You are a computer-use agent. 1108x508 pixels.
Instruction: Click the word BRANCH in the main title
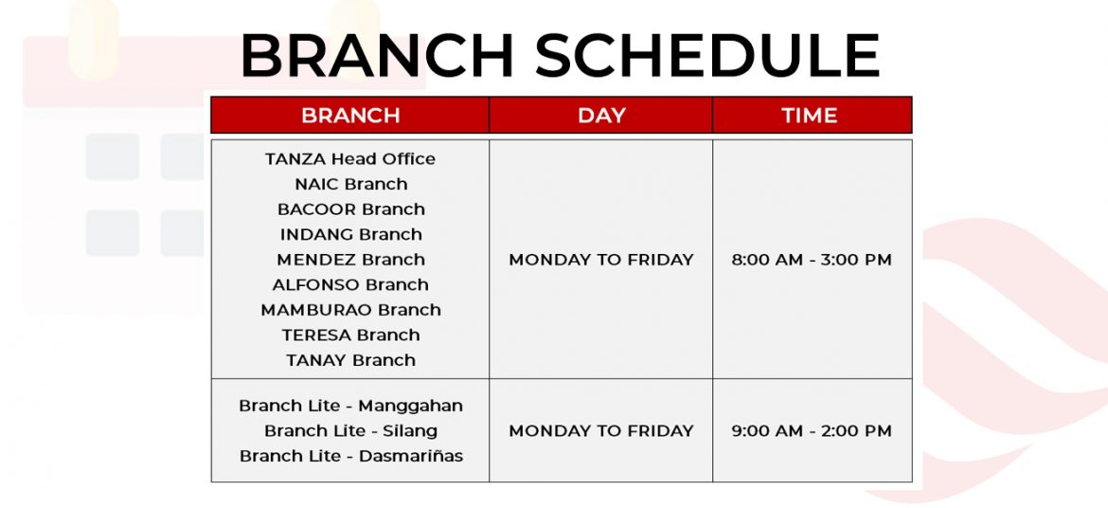(377, 55)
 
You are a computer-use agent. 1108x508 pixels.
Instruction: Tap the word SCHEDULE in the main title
(707, 55)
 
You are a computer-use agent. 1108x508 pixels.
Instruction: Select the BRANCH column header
(350, 116)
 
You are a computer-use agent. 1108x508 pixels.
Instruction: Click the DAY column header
(601, 116)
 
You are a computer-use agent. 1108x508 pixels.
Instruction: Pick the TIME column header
(810, 116)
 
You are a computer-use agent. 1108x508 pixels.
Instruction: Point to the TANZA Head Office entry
(350, 158)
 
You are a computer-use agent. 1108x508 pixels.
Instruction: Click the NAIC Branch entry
(351, 184)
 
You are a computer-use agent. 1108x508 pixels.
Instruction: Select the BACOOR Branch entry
(351, 209)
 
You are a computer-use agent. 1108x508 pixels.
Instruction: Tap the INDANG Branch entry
(351, 234)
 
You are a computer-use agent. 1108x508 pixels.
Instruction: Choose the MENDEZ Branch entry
(351, 260)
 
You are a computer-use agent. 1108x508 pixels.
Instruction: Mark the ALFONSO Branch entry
(350, 284)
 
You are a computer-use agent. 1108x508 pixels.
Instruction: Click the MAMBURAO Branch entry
(351, 310)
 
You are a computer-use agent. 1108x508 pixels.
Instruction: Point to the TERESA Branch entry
(351, 335)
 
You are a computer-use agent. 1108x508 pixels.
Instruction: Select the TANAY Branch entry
(351, 360)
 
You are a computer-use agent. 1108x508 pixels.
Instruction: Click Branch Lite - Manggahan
(351, 407)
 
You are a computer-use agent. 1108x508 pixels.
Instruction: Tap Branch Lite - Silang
(351, 431)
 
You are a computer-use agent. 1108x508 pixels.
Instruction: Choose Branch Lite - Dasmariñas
(351, 457)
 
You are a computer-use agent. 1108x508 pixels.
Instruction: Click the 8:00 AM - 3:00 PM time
(812, 260)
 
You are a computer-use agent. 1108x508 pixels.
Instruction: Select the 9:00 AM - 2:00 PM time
(812, 431)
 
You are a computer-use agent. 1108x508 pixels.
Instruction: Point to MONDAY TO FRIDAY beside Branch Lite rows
(601, 431)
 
